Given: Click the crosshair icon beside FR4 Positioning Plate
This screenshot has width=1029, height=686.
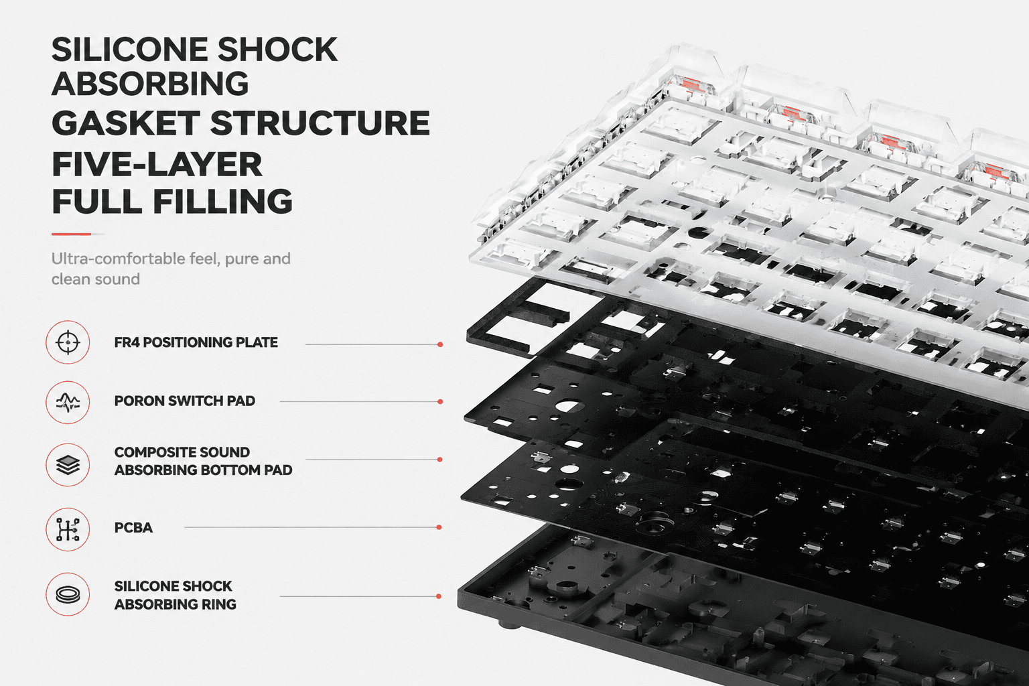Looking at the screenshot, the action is [68, 342].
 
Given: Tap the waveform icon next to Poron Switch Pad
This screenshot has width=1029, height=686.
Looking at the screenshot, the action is [68, 402].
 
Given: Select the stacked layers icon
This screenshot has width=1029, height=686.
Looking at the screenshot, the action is [68, 464].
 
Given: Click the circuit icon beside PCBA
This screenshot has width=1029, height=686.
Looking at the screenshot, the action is [68, 529].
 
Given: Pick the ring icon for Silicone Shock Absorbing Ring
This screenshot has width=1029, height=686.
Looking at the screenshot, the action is [68, 594].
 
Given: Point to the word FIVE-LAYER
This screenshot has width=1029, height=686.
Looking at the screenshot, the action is [157, 164].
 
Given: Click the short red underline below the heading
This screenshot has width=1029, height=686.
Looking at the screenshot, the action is [71, 234].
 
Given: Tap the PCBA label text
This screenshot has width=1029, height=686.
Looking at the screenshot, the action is [133, 527].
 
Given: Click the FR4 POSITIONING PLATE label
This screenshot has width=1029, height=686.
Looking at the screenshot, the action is [196, 342].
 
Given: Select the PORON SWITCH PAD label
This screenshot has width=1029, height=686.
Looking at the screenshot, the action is [184, 401].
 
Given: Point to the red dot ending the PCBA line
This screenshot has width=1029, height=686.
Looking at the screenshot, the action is [439, 527].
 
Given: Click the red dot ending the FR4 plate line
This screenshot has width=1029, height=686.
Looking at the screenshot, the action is [440, 344].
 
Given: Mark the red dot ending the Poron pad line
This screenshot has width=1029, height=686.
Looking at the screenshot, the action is [440, 401].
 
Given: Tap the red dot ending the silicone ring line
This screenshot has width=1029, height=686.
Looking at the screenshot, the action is [439, 596].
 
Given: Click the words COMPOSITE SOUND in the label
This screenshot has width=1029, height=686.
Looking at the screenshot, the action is [182, 452].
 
